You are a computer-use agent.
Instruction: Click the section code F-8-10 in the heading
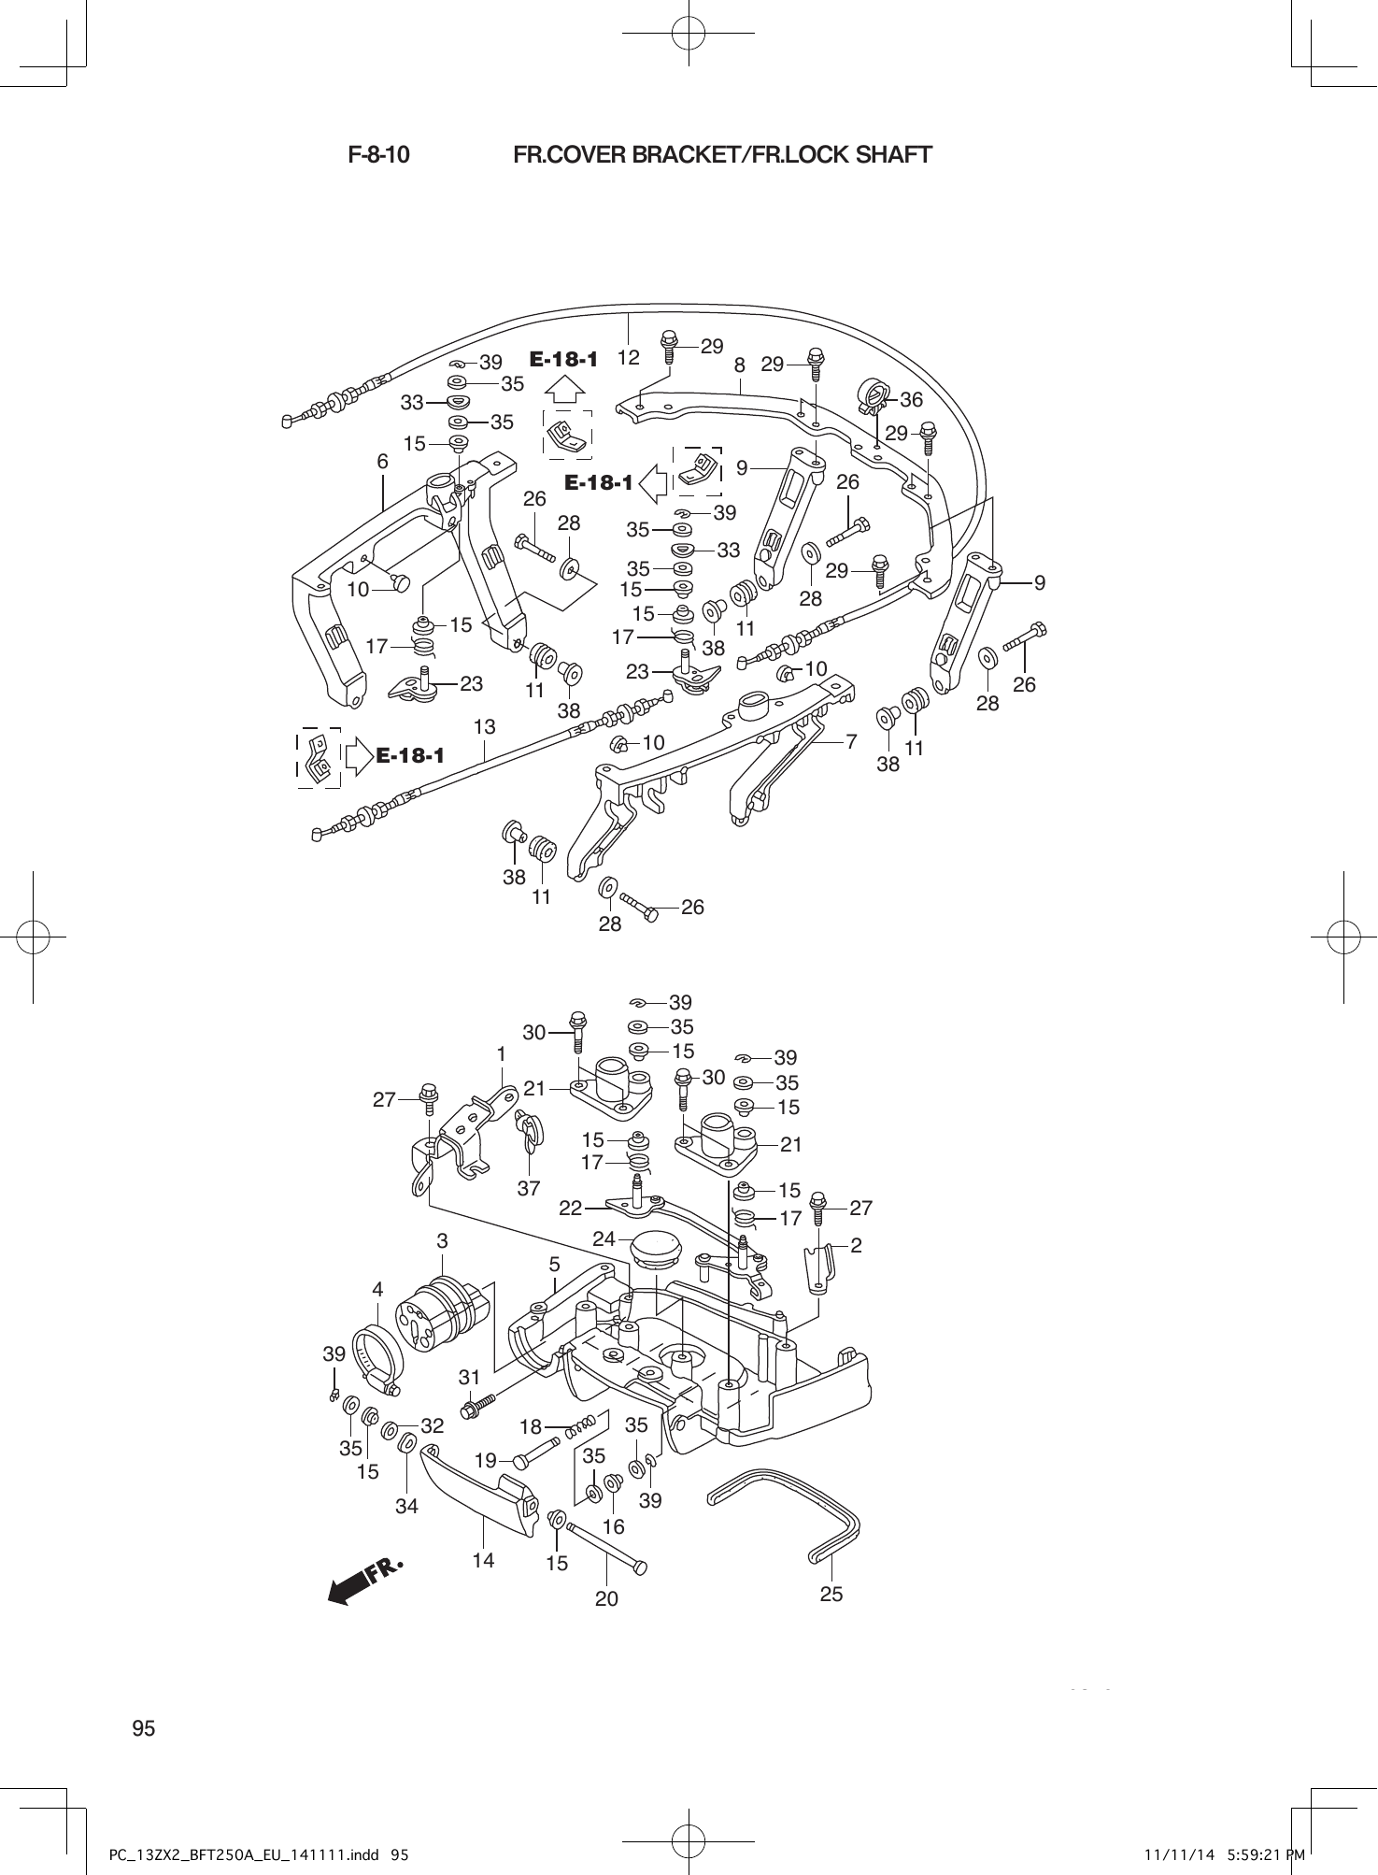[x=378, y=155]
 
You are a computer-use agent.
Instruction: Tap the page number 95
[x=144, y=1728]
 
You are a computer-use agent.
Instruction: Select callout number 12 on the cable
[x=629, y=358]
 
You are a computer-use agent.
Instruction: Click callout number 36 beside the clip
[x=911, y=400]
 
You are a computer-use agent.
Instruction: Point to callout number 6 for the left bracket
[x=382, y=462]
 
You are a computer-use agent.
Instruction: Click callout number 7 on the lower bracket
[x=851, y=742]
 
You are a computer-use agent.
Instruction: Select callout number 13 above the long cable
[x=484, y=726]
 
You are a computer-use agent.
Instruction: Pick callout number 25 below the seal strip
[x=831, y=1594]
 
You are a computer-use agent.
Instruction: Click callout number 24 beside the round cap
[x=604, y=1238]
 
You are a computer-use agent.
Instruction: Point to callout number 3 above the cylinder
[x=443, y=1241]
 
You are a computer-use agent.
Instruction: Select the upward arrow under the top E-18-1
[x=560, y=389]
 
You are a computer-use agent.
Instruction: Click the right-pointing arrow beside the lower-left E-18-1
[x=358, y=755]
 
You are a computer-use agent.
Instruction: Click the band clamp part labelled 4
[x=378, y=1355]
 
